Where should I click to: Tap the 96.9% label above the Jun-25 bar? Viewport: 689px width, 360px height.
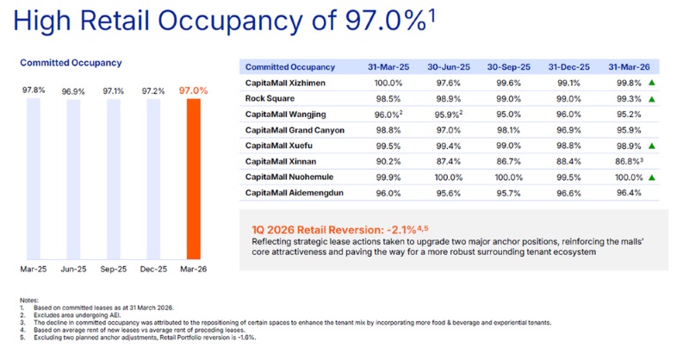pos(73,90)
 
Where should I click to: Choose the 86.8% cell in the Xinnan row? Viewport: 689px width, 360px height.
pos(625,161)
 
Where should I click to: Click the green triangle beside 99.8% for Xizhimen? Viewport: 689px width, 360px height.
pos(653,84)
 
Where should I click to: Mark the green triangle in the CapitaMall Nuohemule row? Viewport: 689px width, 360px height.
pos(653,177)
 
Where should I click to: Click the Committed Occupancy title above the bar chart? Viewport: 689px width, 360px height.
pos(71,63)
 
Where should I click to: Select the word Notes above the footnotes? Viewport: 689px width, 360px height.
pos(29,300)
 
